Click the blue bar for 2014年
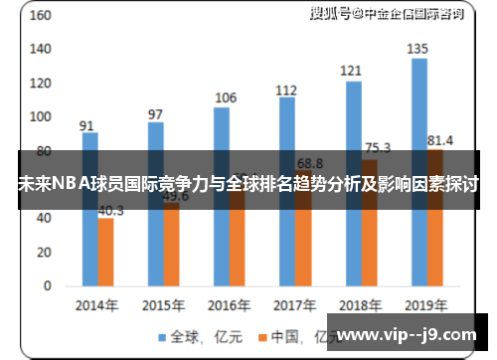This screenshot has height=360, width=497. click(x=89, y=209)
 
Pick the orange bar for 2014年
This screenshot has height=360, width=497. click(x=105, y=251)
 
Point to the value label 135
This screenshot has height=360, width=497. click(x=418, y=49)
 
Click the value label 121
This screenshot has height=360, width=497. click(x=352, y=71)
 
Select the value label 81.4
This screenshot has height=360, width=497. click(x=439, y=140)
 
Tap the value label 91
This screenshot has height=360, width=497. click(x=87, y=125)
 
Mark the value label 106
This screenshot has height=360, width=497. click(x=226, y=97)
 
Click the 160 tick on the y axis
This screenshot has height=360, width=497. click(x=41, y=17)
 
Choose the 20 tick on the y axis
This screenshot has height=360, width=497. click(x=44, y=252)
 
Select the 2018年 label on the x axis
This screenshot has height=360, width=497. click(x=359, y=305)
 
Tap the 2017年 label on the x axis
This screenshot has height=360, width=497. click(x=293, y=305)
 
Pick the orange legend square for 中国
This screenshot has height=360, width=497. click(x=264, y=337)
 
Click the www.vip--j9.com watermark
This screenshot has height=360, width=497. click(x=413, y=335)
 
